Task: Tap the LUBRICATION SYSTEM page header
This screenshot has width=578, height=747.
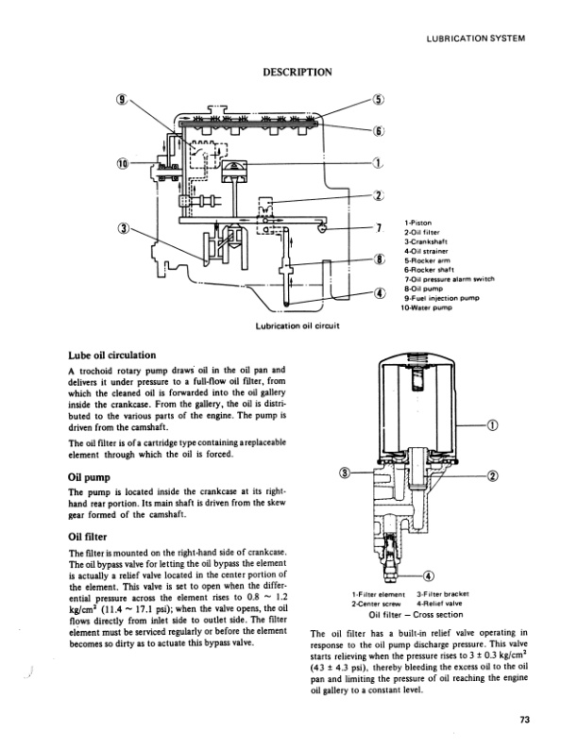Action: (475, 39)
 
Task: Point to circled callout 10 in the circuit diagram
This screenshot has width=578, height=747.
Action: (122, 165)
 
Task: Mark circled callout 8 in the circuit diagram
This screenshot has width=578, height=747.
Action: (378, 259)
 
